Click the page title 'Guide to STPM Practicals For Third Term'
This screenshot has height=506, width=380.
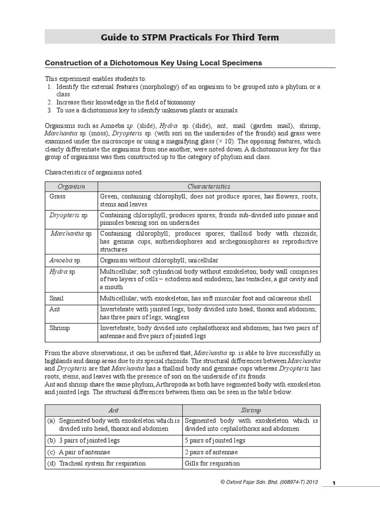(x=190, y=37)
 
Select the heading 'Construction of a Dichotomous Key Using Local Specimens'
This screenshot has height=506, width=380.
(x=153, y=63)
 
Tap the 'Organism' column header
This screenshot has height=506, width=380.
(x=71, y=186)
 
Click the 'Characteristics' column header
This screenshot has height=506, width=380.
(x=208, y=186)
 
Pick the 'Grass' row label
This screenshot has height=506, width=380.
(x=57, y=196)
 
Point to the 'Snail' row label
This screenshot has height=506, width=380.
(x=56, y=298)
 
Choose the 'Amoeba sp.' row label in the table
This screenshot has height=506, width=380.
(x=65, y=259)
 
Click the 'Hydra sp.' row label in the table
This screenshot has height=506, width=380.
(x=63, y=271)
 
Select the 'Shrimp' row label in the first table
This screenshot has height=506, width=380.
(x=59, y=328)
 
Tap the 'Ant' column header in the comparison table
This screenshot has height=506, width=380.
(x=114, y=410)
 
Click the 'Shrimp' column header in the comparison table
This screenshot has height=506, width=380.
(x=251, y=410)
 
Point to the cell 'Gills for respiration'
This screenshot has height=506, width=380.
(x=212, y=464)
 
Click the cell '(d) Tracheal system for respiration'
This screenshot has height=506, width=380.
(x=97, y=464)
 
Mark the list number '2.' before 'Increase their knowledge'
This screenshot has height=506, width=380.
(x=49, y=102)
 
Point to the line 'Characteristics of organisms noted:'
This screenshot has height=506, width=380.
(x=94, y=172)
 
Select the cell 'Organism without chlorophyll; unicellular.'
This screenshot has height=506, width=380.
(x=159, y=259)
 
